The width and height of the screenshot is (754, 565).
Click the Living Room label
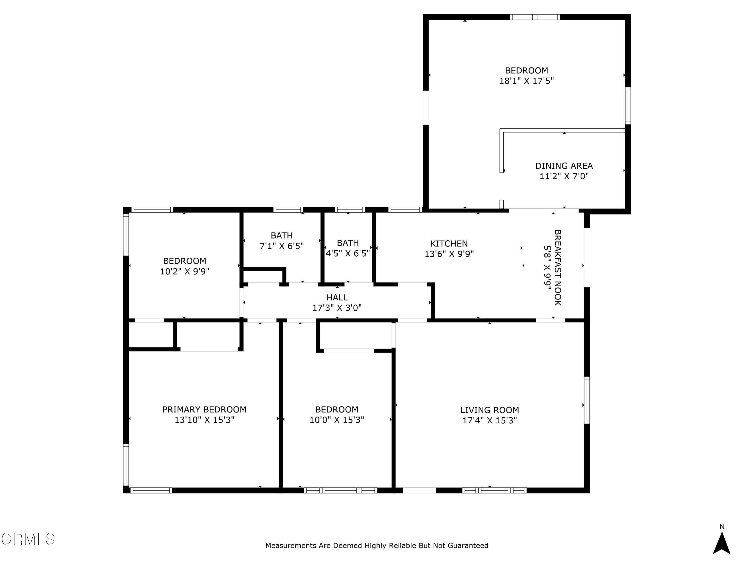click(x=490, y=410)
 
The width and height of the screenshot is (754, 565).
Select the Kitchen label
click(x=449, y=244)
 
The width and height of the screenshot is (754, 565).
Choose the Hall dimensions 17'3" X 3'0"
click(x=337, y=308)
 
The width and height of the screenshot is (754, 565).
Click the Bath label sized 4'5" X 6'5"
click(x=348, y=243)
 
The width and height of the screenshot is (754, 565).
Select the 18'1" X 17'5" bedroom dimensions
click(x=526, y=81)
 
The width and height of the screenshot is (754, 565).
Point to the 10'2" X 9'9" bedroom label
click(x=184, y=261)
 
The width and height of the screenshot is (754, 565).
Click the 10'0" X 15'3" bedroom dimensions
click(x=337, y=420)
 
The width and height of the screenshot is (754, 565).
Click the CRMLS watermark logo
click(x=28, y=539)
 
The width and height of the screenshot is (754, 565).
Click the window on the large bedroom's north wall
click(x=535, y=17)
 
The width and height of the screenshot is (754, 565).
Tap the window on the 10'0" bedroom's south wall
click(x=340, y=490)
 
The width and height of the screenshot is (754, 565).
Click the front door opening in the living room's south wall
click(x=419, y=490)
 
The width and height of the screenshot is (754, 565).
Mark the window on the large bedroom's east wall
click(x=628, y=105)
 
